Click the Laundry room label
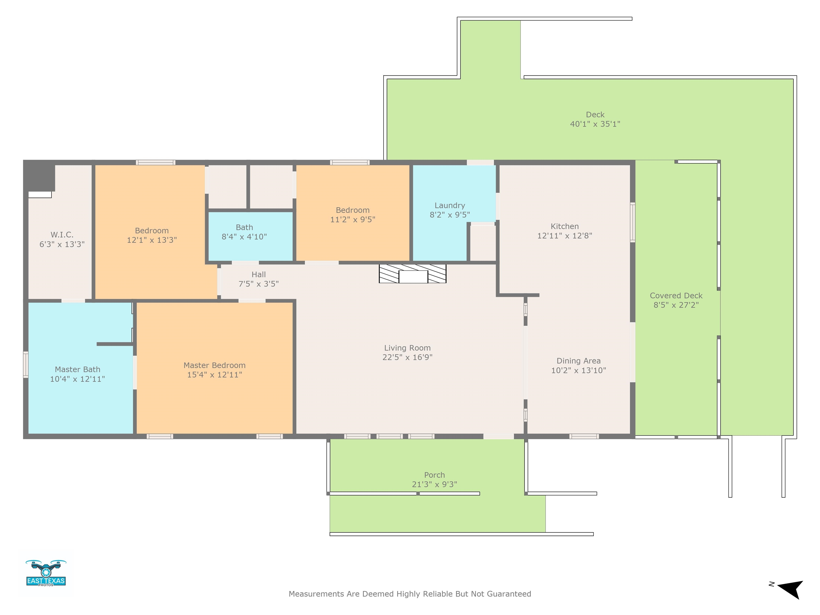pos(450,205)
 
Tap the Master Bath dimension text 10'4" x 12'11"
pos(77,379)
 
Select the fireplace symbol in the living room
pos(413,274)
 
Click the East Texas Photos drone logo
pos(46,573)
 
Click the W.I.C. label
pos(62,235)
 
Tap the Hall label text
pos(259,275)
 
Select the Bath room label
pos(244,227)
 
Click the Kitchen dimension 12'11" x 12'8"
pos(565,236)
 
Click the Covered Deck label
pos(676,296)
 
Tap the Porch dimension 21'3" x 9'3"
pos(435,484)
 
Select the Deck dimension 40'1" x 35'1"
pos(595,124)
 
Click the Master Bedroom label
pos(214,365)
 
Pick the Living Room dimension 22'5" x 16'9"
pos(407,357)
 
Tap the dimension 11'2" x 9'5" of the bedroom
pos(353,219)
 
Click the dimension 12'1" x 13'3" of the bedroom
pos(152,240)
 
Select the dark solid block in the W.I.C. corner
pos(40,176)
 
